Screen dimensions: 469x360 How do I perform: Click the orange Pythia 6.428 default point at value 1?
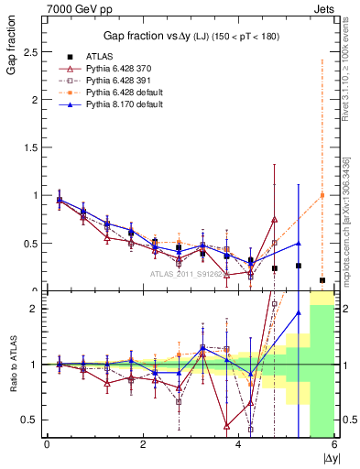pos(322,195)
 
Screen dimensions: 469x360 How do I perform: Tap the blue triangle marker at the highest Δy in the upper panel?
pos(298,244)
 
